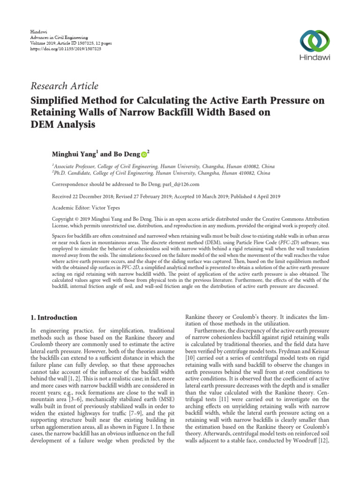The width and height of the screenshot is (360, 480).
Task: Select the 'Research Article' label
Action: click(x=65, y=86)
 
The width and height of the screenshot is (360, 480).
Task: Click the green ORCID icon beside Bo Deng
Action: click(x=143, y=153)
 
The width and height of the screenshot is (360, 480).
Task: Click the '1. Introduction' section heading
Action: click(x=56, y=317)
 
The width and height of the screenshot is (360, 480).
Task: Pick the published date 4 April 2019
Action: click(x=264, y=197)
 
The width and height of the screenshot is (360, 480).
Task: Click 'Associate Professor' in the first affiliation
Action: click(x=75, y=166)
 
